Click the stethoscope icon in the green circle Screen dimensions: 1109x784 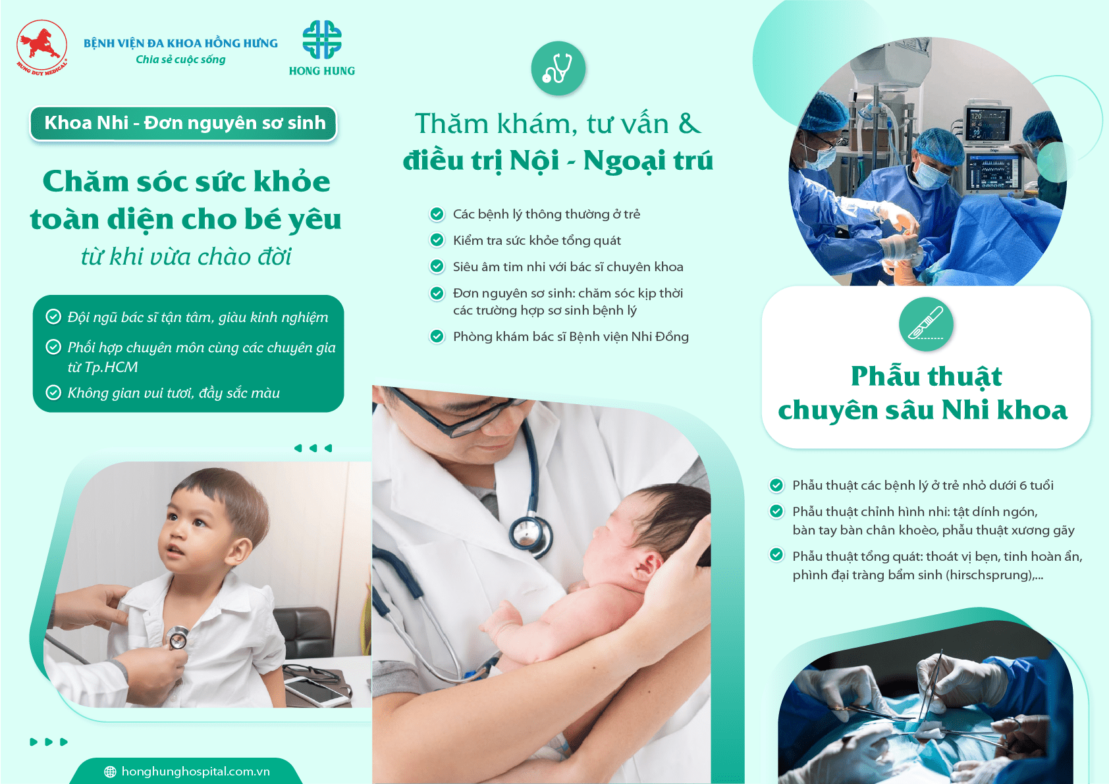tap(558, 68)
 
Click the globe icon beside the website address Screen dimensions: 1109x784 tap(110, 771)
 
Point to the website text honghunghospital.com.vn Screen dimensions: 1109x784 tap(196, 771)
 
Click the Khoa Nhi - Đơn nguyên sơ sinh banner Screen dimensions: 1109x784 tap(184, 122)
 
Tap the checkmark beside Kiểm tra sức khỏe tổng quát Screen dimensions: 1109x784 tap(437, 240)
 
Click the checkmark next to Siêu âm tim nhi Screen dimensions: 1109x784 tap(437, 267)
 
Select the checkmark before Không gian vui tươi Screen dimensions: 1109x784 tap(53, 392)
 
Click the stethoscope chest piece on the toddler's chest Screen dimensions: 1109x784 tap(177, 637)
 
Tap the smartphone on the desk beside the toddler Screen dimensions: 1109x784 tap(317, 689)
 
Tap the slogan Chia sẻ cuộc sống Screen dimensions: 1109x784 tap(180, 59)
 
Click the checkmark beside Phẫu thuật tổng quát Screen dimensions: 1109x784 tap(776, 555)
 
